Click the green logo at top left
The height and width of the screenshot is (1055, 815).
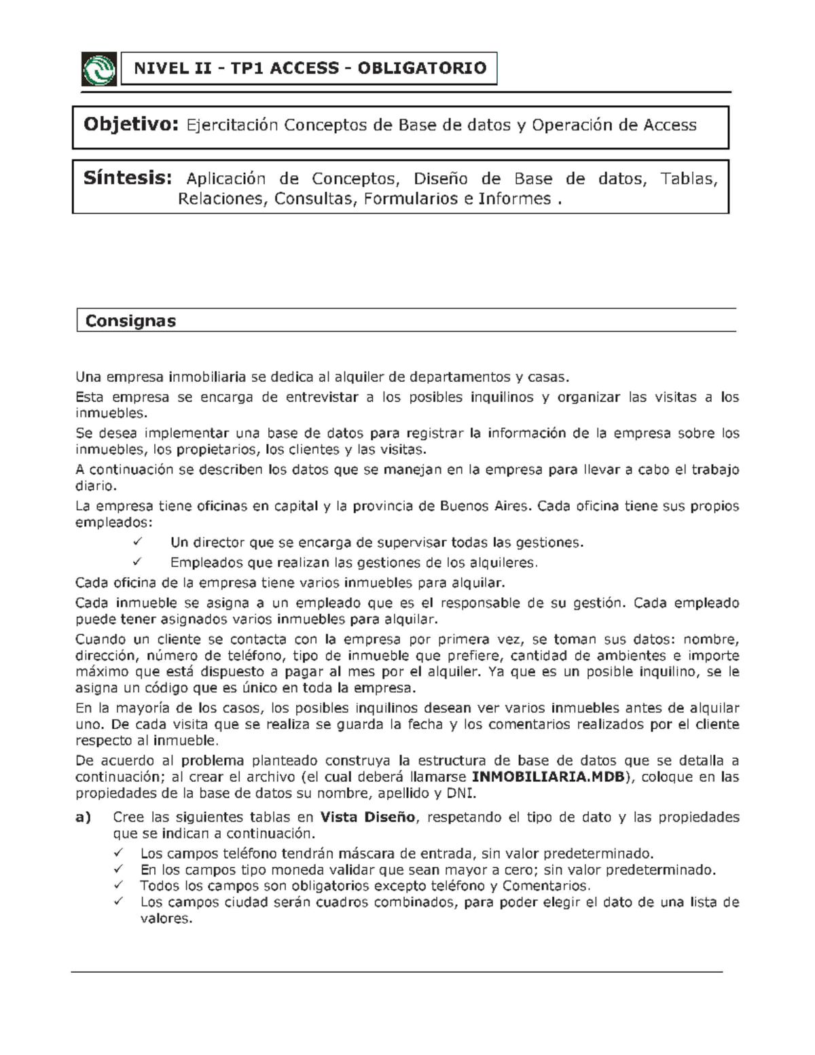(x=98, y=69)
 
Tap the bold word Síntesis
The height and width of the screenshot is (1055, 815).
(x=126, y=179)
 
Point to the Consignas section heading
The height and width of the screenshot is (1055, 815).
(x=130, y=321)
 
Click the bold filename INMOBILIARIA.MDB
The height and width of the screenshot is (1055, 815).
(x=547, y=777)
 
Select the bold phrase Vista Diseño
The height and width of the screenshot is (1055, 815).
(x=367, y=817)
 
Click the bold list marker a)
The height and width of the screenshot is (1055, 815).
(x=83, y=817)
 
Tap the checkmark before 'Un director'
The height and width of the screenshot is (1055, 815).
(x=138, y=542)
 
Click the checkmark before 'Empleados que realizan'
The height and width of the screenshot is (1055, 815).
(x=138, y=562)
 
